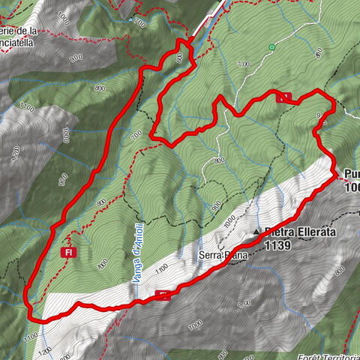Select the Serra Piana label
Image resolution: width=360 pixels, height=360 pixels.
[220, 255]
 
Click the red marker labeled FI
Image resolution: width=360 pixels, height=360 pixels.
[68, 253]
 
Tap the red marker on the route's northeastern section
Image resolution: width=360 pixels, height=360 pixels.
[283, 97]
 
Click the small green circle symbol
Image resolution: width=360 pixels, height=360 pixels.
[271, 47]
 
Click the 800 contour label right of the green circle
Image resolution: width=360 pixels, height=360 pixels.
[321, 52]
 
